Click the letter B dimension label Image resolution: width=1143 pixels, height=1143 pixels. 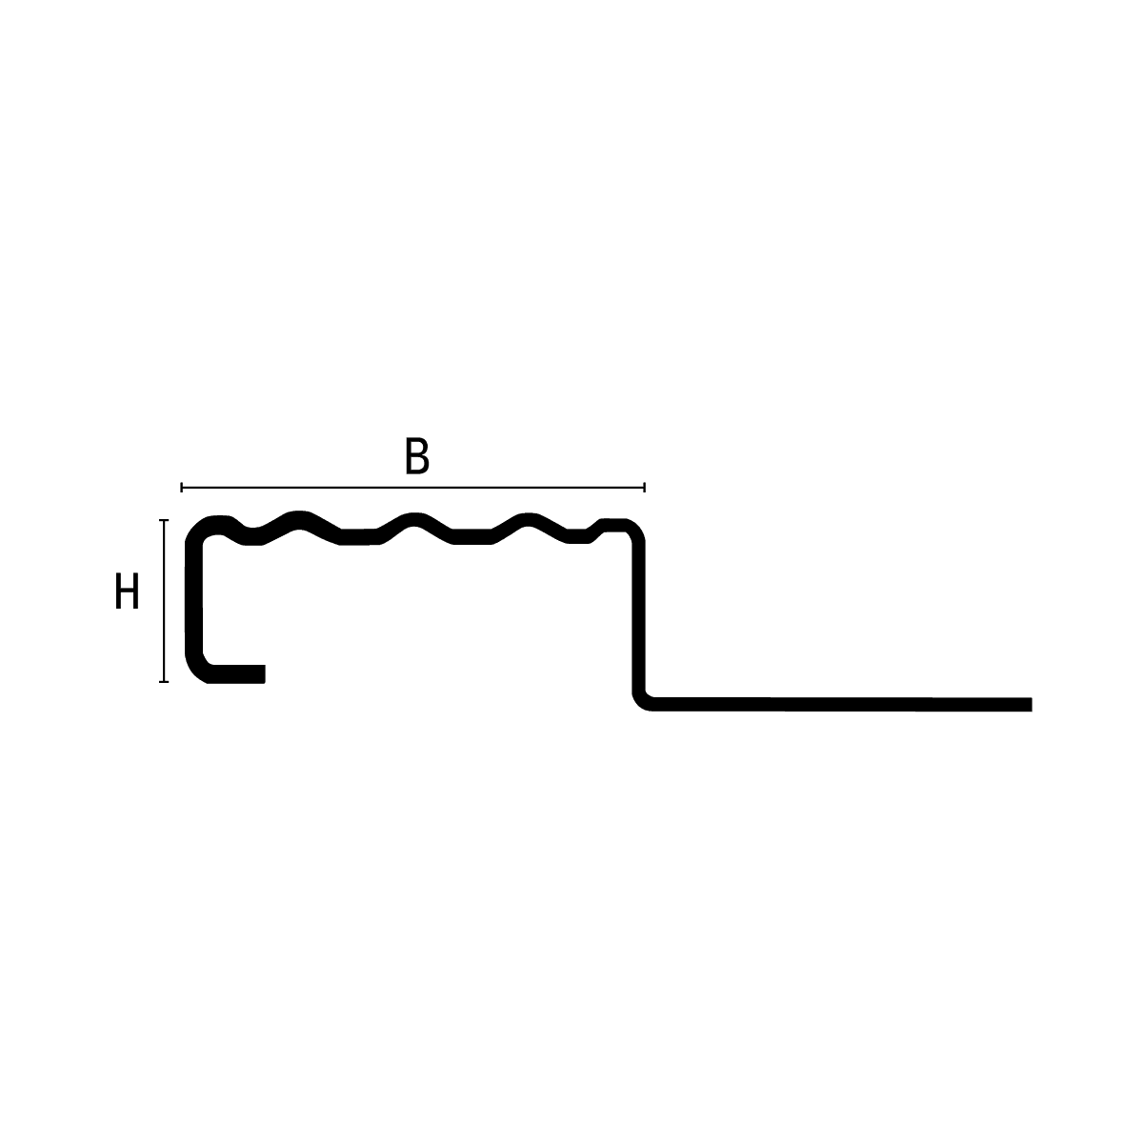pos(417,455)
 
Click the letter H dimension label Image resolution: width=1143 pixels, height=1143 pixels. pos(127,591)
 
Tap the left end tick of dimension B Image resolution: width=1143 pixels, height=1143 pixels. pos(182,488)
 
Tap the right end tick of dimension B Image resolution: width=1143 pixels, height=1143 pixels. pos(644,488)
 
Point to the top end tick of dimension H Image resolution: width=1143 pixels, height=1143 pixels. pos(164,520)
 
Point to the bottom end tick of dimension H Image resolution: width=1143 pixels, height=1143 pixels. pos(164,682)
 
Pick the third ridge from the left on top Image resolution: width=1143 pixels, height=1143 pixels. pos(528,520)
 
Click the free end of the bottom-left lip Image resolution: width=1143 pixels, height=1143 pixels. pos(265,673)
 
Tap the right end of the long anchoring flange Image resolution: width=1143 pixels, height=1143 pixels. pos(1032,705)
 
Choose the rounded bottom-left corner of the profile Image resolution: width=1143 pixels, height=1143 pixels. pos(197,671)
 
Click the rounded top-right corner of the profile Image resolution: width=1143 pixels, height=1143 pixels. pos(634,529)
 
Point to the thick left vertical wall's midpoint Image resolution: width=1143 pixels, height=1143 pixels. pos(194,599)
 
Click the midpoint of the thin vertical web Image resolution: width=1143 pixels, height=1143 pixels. pos(638,617)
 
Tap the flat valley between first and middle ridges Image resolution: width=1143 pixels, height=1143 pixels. pos(359,537)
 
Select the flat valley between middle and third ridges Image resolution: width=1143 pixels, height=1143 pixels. pos(472,537)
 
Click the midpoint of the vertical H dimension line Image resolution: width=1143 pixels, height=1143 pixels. pos(164,601)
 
